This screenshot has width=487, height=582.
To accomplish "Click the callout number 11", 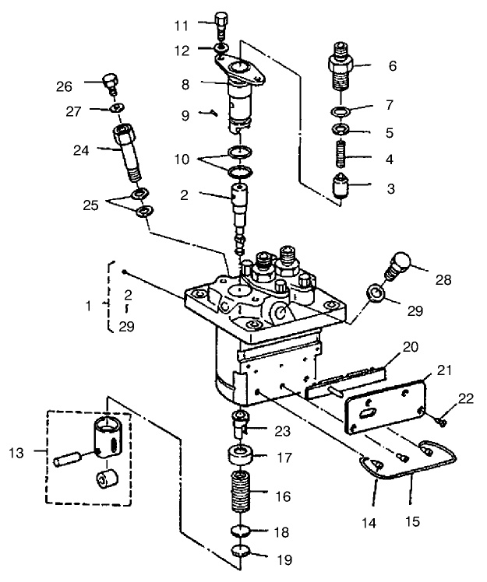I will coord(181,26).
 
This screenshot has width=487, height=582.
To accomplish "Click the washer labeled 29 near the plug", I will coord(376,294).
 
